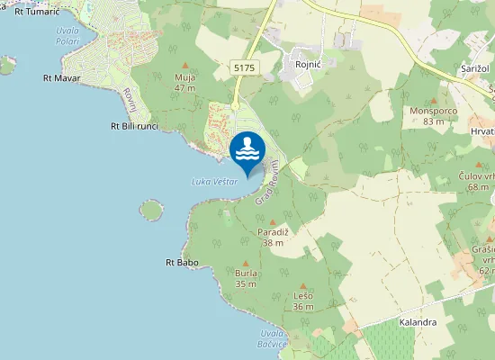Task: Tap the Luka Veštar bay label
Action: pyautogui.click(x=215, y=182)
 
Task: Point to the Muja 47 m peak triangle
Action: pyautogui.click(x=185, y=66)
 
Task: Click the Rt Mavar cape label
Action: pyautogui.click(x=62, y=78)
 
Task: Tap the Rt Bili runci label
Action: pyautogui.click(x=134, y=126)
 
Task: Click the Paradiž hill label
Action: pyautogui.click(x=274, y=232)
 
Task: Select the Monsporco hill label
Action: pyautogui.click(x=433, y=111)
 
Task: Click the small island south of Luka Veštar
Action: pyautogui.click(x=151, y=211)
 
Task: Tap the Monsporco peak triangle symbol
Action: pyautogui.click(x=433, y=100)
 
